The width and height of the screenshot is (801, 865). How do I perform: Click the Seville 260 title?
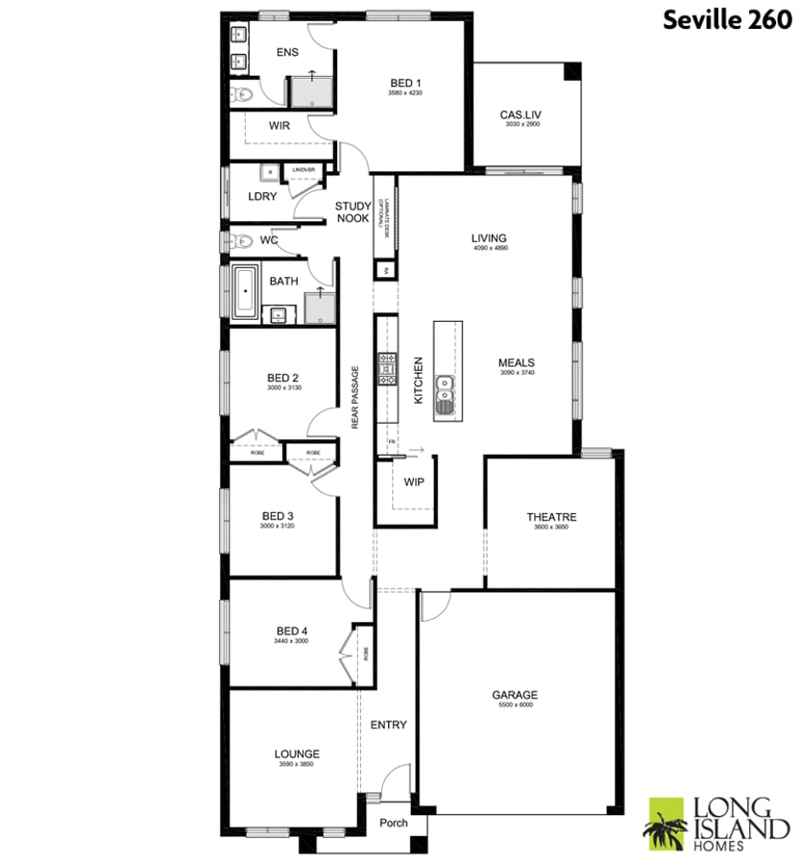726,21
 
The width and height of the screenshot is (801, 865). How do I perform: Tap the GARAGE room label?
515,695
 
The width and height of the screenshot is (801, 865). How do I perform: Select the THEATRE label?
551,517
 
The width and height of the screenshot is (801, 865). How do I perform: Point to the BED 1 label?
405,82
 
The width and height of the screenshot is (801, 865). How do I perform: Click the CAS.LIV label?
520,115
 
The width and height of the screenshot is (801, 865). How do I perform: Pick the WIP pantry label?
415,481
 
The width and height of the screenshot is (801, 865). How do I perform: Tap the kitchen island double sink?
446,391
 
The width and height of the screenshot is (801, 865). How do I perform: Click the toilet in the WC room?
241,240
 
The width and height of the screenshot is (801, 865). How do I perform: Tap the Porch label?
394,823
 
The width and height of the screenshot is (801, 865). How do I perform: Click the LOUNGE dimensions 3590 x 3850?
297,764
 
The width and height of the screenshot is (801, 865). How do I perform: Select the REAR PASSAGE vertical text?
355,396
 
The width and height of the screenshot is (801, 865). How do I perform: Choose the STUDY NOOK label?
352,212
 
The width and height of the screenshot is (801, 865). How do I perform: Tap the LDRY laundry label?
262,196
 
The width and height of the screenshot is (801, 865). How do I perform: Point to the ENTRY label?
389,725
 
